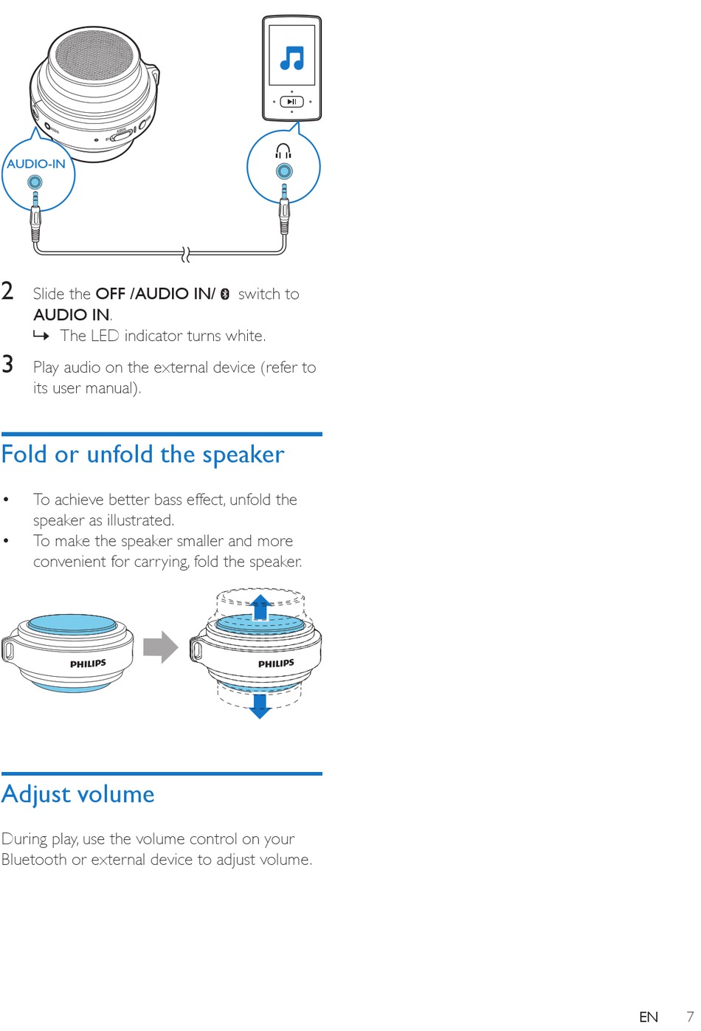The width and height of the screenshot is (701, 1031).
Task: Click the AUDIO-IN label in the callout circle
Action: click(36, 164)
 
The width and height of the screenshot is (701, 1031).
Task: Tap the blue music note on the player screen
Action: click(292, 58)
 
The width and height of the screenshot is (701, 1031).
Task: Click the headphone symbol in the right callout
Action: click(283, 151)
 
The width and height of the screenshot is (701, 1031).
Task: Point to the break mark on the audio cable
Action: click(186, 255)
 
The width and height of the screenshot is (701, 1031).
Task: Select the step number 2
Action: click(8, 291)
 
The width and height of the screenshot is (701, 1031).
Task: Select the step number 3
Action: click(8, 364)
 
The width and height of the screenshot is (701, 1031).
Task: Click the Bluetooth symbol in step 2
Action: click(225, 294)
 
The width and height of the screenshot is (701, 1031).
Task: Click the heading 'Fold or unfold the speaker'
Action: click(142, 454)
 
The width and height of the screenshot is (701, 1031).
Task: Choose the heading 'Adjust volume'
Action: click(78, 794)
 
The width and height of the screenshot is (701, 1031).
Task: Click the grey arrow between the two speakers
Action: click(160, 647)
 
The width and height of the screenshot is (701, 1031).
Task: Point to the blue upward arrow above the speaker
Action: click(260, 607)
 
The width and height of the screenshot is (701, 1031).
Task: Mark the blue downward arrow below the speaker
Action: click(260, 706)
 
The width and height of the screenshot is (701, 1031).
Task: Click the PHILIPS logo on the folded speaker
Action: click(88, 663)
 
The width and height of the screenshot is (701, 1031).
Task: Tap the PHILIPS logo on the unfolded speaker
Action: click(276, 663)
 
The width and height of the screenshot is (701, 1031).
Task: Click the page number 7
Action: click(690, 1016)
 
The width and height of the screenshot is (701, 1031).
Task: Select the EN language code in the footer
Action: click(649, 1017)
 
